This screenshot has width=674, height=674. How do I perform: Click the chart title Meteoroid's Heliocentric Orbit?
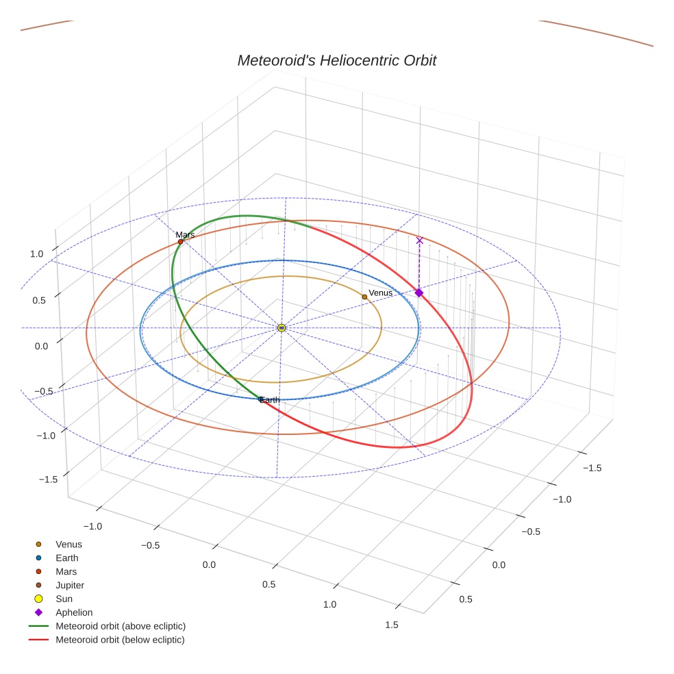click(x=336, y=60)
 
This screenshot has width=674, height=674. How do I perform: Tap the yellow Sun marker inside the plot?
click(x=282, y=328)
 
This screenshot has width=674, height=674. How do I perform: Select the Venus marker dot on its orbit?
click(x=364, y=297)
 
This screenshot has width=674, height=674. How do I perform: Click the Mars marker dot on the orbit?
click(x=180, y=242)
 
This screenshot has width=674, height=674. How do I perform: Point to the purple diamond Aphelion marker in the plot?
click(x=419, y=292)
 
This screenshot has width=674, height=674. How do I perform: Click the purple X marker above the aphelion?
click(x=420, y=240)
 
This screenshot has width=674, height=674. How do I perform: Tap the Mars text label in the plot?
click(x=185, y=235)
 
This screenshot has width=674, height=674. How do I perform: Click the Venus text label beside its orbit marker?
click(x=381, y=293)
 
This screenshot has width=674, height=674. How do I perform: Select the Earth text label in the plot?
click(x=270, y=400)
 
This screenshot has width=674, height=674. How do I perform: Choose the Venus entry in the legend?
click(x=68, y=545)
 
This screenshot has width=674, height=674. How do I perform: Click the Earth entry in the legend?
click(x=67, y=558)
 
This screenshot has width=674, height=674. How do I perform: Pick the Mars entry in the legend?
click(x=66, y=571)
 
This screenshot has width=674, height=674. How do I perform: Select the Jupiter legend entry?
click(x=70, y=585)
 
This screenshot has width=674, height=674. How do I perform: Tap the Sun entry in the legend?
click(x=64, y=599)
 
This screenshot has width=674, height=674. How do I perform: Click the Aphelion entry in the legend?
click(x=74, y=612)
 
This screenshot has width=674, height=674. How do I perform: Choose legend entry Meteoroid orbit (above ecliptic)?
click(x=121, y=626)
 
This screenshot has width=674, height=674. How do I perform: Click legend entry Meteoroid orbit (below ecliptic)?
click(x=121, y=640)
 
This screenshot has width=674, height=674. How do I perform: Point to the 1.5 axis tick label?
click(x=392, y=624)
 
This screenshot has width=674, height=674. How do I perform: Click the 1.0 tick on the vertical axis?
click(x=36, y=254)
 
